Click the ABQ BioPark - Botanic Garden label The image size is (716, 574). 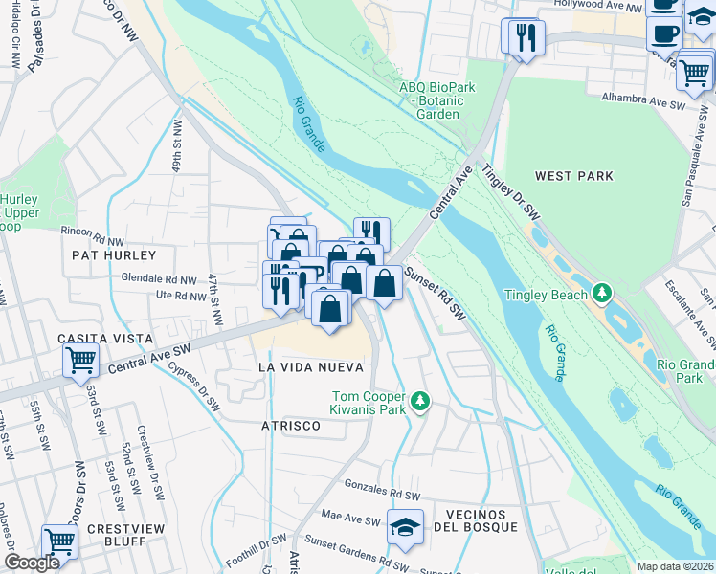436,99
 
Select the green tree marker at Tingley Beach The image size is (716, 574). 602,292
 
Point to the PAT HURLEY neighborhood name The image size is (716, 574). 113,255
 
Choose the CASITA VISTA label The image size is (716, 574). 104,339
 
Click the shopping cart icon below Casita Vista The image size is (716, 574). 81,361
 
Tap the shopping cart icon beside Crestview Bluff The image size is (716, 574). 59,541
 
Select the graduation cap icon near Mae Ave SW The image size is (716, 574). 406,527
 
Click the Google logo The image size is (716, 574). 32,563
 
